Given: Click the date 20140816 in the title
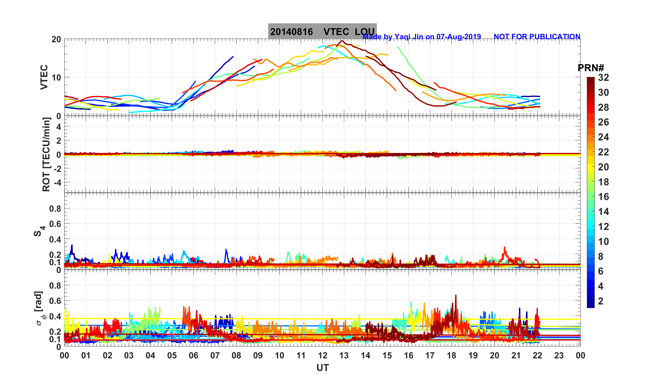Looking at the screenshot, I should click(x=291, y=32).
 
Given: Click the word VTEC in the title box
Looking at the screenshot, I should click(x=336, y=32).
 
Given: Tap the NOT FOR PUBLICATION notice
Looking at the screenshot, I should click(x=537, y=37).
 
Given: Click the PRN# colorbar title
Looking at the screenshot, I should click(x=591, y=68).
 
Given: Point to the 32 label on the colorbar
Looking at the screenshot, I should click(x=603, y=78).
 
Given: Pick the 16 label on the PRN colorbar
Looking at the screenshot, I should click(x=603, y=197).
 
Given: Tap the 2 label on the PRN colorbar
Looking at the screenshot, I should click(x=601, y=301).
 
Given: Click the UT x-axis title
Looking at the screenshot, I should click(x=323, y=368).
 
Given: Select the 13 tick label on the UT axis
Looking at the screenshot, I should click(x=344, y=356).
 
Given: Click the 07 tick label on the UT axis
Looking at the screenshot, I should click(x=215, y=356).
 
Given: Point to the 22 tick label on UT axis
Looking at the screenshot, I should click(x=537, y=356).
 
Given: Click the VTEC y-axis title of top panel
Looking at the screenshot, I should click(x=44, y=77).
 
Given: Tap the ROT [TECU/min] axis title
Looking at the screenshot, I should click(x=46, y=154).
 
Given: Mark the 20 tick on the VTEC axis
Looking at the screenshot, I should click(x=56, y=39).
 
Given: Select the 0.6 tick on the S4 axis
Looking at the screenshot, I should click(x=55, y=224).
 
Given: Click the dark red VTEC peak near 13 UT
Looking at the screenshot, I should click(x=342, y=41).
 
